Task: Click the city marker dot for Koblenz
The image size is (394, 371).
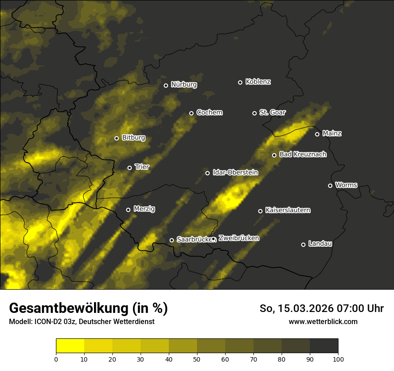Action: (240, 82)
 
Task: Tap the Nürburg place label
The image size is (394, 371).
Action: (184, 85)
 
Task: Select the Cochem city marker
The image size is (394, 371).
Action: (191, 113)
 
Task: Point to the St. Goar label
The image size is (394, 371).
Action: (272, 113)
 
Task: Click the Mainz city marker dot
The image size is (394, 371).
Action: (317, 134)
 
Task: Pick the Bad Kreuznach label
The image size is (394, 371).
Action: (303, 155)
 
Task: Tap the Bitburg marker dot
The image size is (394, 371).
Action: (116, 138)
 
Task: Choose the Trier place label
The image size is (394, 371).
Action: (142, 167)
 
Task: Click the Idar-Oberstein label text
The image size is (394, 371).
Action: (235, 173)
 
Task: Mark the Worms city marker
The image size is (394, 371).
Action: (330, 185)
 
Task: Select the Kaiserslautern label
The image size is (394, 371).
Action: (287, 211)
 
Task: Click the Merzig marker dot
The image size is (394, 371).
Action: (128, 210)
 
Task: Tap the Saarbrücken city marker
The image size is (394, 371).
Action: (171, 240)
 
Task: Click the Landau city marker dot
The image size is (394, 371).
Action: (303, 245)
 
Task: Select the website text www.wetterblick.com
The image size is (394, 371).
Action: (323, 321)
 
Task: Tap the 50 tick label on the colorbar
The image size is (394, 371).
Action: (197, 358)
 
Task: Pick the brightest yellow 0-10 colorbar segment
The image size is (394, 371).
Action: (70, 346)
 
